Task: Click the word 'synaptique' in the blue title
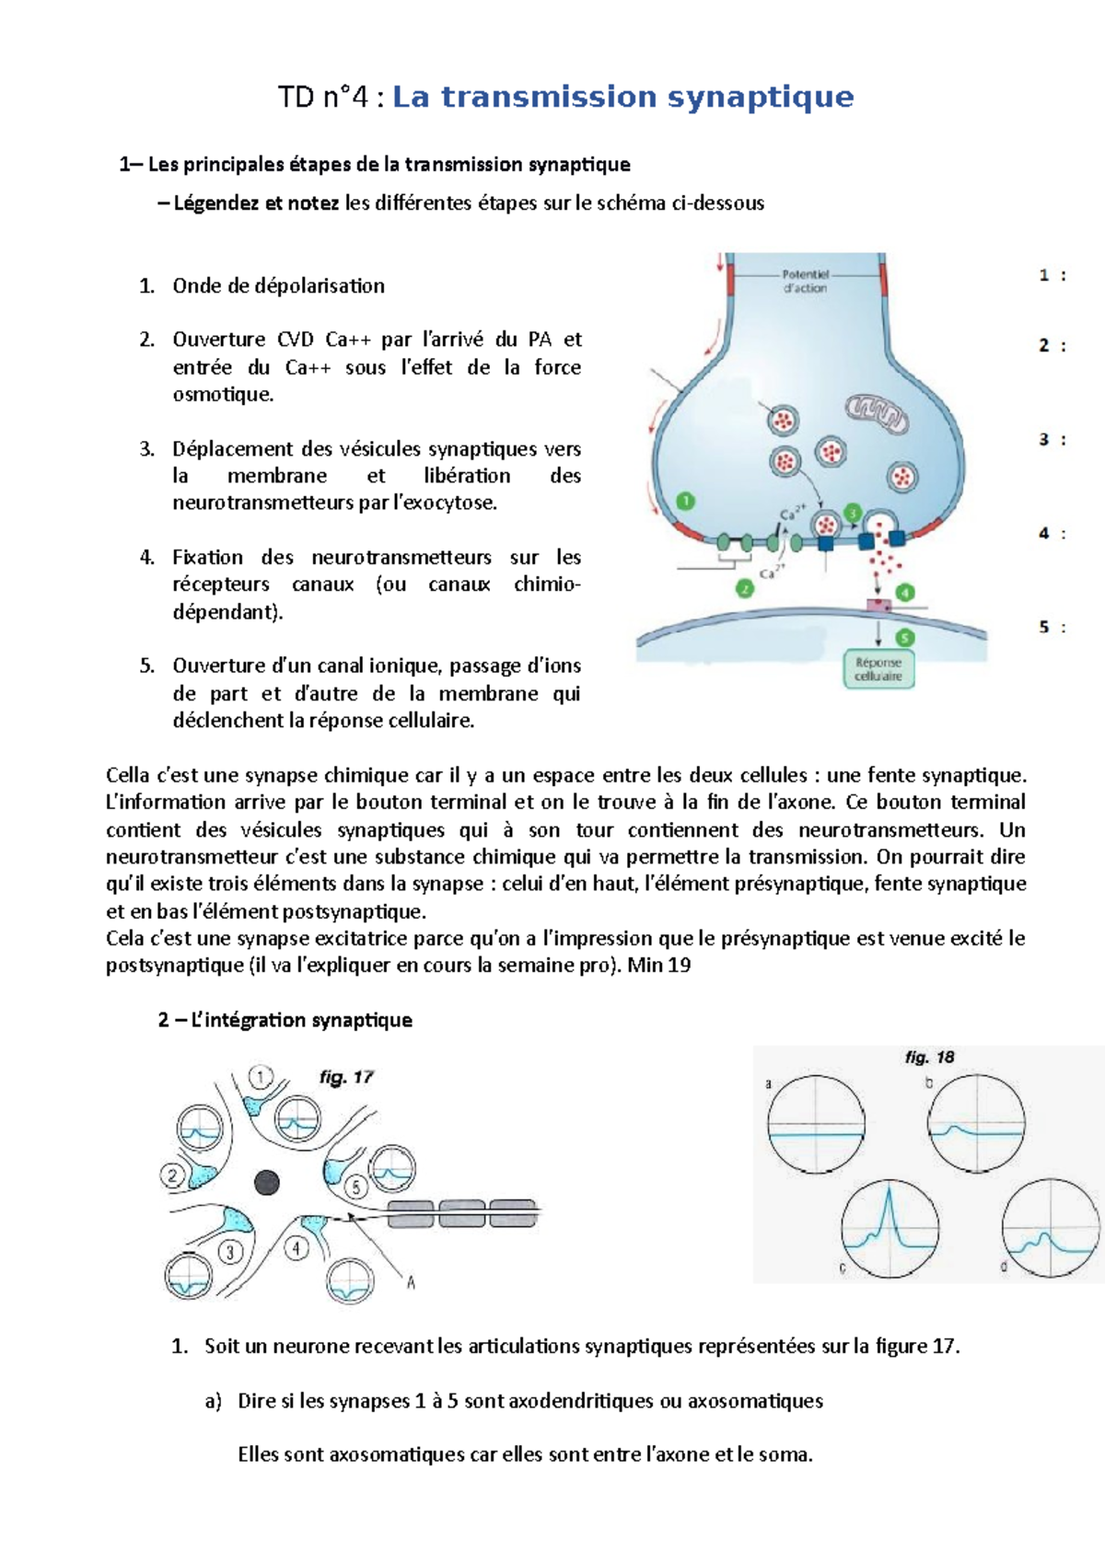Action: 761,98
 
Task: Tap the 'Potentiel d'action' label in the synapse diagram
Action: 805,281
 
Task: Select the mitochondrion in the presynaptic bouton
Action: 877,413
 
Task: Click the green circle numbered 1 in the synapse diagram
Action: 685,502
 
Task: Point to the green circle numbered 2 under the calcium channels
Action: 744,588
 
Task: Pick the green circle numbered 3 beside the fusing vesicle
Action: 853,514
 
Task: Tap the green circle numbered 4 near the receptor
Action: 905,593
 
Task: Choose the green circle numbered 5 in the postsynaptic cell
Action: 905,637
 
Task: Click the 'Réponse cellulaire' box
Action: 878,669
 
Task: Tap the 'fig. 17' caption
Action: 346,1077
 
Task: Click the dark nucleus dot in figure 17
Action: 267,1182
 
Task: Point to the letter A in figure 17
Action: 411,1282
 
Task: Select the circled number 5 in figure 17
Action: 356,1187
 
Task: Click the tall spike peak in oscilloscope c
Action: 890,1191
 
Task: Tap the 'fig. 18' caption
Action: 929,1057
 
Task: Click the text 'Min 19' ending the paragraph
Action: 659,966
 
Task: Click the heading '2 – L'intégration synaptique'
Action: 285,1020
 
